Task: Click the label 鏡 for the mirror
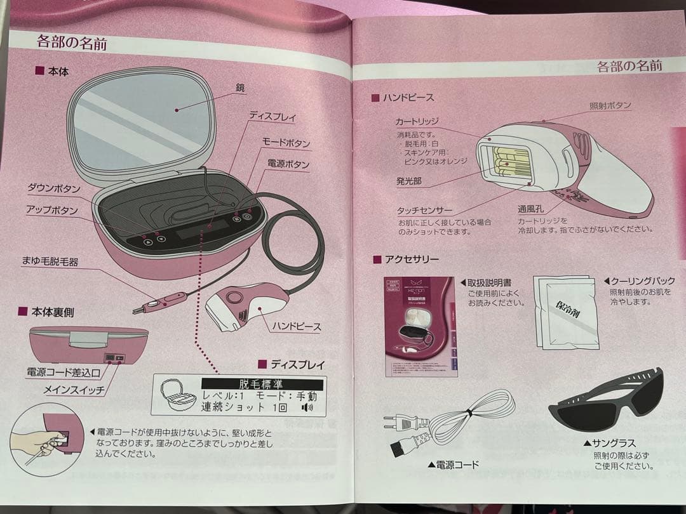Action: [239, 87]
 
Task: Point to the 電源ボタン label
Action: [288, 165]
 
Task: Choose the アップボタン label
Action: [52, 210]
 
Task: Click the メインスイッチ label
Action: [74, 390]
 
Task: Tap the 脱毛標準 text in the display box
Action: [262, 384]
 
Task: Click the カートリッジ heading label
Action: [417, 121]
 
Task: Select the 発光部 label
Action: [409, 181]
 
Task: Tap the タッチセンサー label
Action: [426, 210]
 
